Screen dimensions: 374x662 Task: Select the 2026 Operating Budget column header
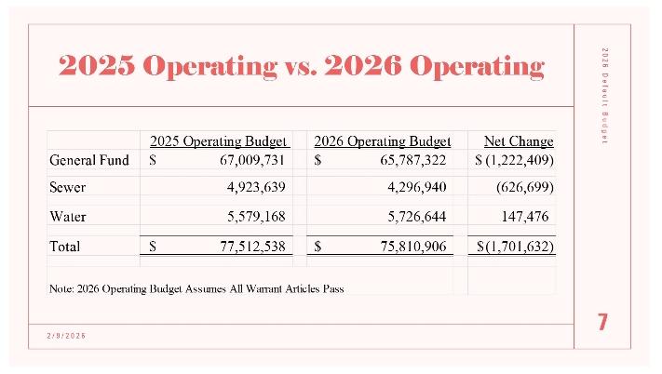[x=383, y=141]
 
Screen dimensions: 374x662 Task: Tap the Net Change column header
[x=519, y=141]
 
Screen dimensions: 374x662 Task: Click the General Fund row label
[x=88, y=160]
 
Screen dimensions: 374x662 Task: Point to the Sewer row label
[x=67, y=188]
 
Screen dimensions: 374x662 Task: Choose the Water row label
[x=67, y=217]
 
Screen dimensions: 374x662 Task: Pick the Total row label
[x=65, y=247]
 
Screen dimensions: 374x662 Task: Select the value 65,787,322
[x=406, y=160]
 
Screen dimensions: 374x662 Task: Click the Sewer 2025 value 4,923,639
[x=249, y=188]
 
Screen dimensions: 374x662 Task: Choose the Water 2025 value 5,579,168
[x=249, y=217]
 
